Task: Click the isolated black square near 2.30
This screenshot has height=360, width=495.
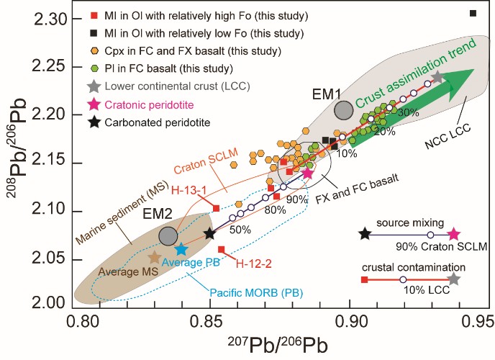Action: [473, 13]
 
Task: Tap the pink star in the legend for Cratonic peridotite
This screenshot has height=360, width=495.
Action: [94, 105]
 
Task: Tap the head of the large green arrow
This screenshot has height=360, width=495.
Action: [463, 74]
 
